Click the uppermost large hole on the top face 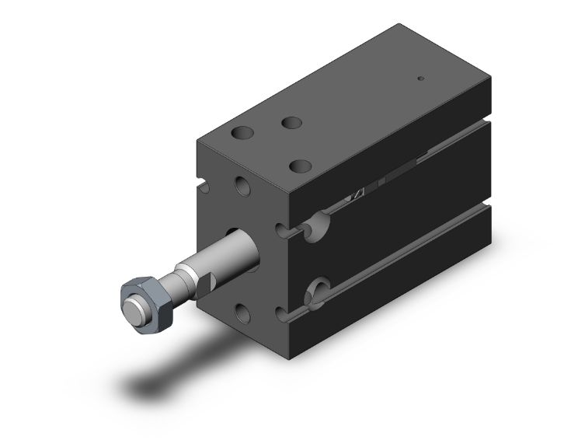click(291, 123)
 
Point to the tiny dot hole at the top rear click(421, 78)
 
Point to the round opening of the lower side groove click(317, 294)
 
